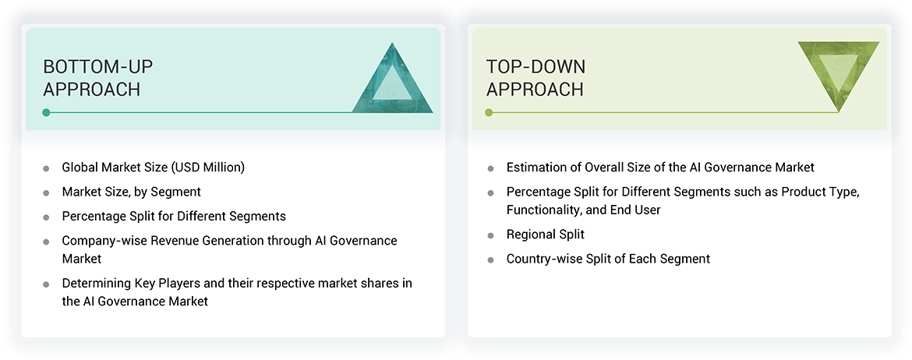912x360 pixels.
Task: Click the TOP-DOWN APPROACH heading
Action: tap(536, 77)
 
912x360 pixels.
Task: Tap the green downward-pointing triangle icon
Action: tap(839, 74)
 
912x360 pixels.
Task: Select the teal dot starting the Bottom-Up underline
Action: tap(47, 112)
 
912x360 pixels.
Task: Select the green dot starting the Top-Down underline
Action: tap(489, 112)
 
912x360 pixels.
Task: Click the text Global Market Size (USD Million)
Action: tap(154, 168)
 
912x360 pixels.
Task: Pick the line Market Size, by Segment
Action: tap(131, 192)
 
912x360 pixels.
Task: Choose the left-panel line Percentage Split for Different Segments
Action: tap(174, 216)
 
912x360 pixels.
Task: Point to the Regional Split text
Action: tap(545, 235)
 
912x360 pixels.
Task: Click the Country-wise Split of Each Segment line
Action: tap(608, 259)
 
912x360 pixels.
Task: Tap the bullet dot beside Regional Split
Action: tap(490, 235)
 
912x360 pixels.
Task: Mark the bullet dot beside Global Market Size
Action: tap(46, 168)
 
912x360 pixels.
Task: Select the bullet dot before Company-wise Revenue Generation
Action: tap(46, 242)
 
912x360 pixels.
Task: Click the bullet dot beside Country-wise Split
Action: tap(490, 259)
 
